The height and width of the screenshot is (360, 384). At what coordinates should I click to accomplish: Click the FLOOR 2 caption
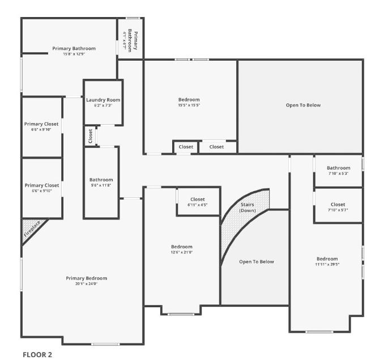tap(37, 354)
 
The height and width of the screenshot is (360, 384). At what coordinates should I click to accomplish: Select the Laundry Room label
tap(103, 100)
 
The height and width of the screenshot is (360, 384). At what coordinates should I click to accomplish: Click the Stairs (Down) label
tap(248, 207)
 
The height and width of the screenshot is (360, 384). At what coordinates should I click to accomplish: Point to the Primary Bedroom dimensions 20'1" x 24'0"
tap(86, 284)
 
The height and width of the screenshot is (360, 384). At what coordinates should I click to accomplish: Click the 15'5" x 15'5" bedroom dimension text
tap(189, 105)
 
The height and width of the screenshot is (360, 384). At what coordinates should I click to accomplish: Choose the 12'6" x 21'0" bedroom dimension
tap(182, 252)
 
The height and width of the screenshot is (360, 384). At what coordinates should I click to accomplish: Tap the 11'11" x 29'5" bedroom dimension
tap(327, 264)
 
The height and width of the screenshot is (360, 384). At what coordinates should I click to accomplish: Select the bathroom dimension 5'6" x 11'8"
tap(101, 185)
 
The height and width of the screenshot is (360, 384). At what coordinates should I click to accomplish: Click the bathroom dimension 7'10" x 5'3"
tap(338, 173)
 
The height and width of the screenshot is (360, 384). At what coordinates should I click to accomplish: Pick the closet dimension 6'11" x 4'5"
tap(197, 205)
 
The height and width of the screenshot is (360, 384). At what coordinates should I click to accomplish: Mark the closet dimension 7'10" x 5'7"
tap(338, 210)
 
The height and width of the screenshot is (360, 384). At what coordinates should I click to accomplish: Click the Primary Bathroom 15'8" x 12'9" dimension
tap(74, 54)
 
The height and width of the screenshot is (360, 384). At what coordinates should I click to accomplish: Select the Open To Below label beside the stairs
tap(256, 261)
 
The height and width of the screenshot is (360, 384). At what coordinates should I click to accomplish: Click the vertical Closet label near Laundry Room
tap(90, 136)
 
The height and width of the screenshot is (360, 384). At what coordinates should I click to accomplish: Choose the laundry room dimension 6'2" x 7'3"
tap(103, 105)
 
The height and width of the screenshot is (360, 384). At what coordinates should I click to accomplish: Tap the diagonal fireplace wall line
tap(35, 232)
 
